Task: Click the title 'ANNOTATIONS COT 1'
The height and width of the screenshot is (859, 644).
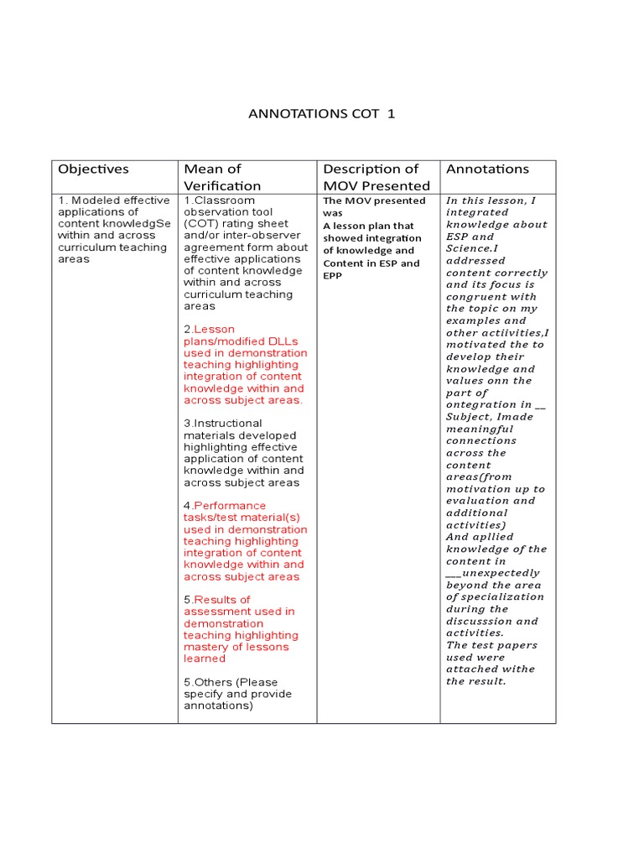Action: click(321, 113)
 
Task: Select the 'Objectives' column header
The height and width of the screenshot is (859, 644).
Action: click(93, 169)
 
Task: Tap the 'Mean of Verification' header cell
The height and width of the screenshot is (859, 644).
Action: click(222, 177)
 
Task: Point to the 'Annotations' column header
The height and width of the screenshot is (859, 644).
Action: click(487, 169)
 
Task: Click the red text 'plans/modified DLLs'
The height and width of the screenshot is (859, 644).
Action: click(241, 341)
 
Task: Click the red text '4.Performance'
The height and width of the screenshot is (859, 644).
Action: click(225, 506)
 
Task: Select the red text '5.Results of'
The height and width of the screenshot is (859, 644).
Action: click(217, 600)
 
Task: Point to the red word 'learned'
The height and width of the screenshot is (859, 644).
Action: click(205, 659)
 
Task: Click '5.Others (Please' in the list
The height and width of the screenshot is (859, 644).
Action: click(231, 682)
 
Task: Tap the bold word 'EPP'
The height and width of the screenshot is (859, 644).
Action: click(333, 275)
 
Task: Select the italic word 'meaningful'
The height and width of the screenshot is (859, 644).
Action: click(480, 429)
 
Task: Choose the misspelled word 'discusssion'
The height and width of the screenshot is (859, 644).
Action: click(480, 622)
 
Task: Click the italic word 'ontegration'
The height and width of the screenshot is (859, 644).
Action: click(482, 404)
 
